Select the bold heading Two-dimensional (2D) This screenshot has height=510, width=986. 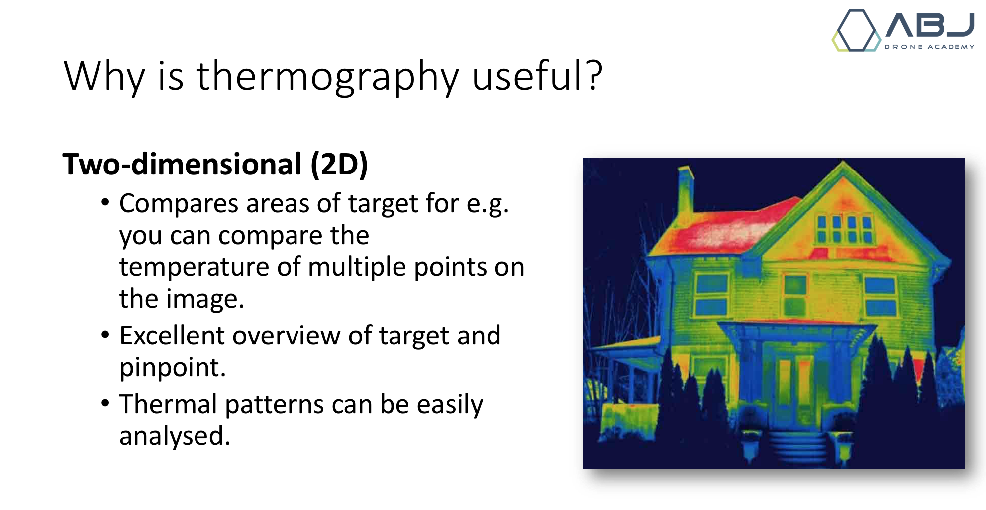point(215,164)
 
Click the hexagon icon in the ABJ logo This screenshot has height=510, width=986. point(856,30)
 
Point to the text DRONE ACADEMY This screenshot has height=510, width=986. point(929,47)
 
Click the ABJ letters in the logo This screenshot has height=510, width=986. point(930,24)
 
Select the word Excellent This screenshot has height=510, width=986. point(172,335)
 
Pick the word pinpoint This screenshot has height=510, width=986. point(173,368)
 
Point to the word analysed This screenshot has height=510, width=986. point(175,436)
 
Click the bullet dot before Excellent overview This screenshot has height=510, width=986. point(105,335)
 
